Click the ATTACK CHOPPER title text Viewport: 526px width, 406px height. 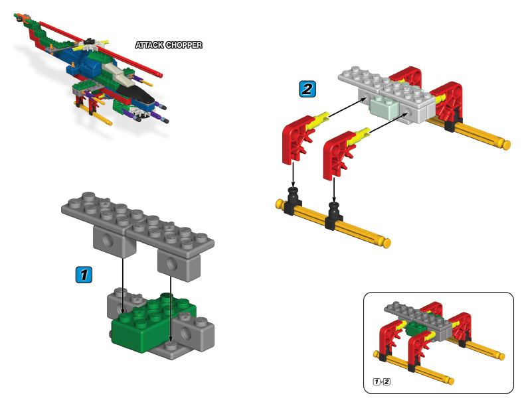[168, 46]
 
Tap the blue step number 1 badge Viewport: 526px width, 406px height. [83, 273]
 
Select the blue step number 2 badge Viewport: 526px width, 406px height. [307, 88]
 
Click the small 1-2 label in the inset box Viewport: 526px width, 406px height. [382, 381]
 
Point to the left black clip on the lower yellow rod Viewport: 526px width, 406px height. [292, 203]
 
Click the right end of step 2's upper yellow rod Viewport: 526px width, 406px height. [506, 144]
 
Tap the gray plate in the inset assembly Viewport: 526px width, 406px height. [415, 316]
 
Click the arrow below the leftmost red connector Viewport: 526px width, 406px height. [292, 176]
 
